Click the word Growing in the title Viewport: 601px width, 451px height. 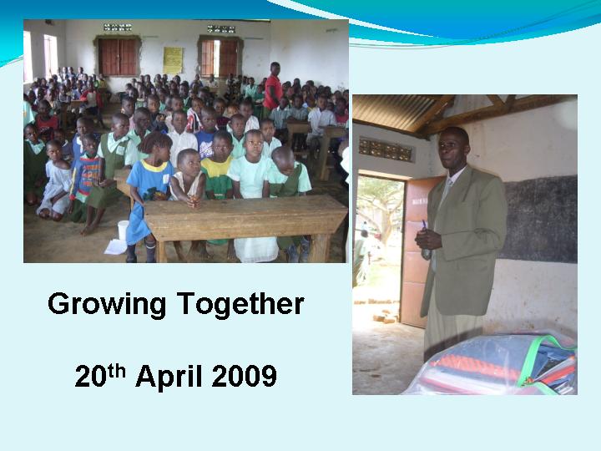(107, 305)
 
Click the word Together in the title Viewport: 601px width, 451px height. (240, 303)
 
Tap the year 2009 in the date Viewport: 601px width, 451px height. (244, 376)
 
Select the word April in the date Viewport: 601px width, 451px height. (169, 377)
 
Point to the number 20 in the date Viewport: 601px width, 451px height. (90, 376)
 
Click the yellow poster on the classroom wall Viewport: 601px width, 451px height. (173, 60)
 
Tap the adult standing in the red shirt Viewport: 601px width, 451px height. (273, 87)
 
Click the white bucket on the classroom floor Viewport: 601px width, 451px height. (123, 231)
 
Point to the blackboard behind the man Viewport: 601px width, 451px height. (540, 220)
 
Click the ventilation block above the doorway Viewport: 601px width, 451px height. (386, 149)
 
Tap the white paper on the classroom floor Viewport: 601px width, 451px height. (115, 246)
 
